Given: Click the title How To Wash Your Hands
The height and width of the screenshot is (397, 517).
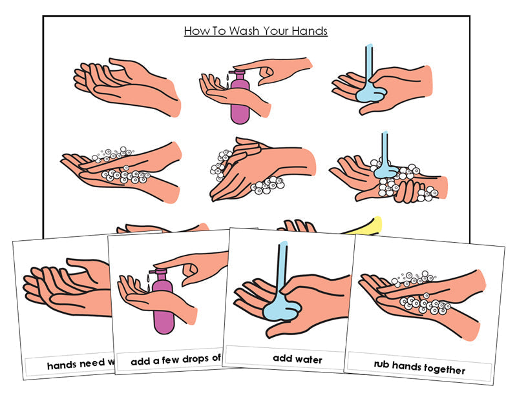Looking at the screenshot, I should [255, 31].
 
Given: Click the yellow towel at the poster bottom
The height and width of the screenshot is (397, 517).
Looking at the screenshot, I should [368, 225].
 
